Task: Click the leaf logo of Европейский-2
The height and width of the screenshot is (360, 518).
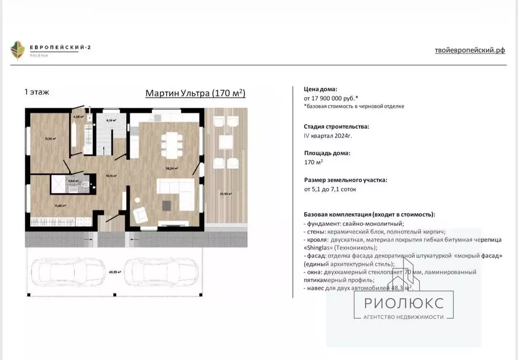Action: [18, 50]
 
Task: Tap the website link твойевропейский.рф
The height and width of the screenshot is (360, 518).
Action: [469, 50]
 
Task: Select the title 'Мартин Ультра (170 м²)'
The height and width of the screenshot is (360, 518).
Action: [195, 93]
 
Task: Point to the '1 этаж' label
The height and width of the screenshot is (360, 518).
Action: [36, 92]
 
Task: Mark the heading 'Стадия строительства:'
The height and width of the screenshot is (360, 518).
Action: [336, 127]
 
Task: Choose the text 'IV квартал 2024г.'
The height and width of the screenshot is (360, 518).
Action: [328, 136]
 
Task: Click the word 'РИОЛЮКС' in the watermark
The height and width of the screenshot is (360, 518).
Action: [404, 303]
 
